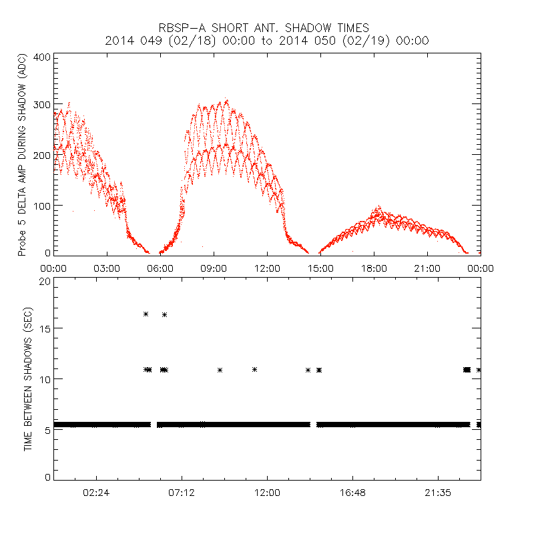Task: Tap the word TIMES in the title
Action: [350, 28]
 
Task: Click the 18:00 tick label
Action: [374, 268]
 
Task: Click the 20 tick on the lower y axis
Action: [45, 280]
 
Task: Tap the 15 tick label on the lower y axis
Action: [45, 328]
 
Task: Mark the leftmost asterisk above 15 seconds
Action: [146, 314]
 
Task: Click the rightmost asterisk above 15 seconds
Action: [164, 314]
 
